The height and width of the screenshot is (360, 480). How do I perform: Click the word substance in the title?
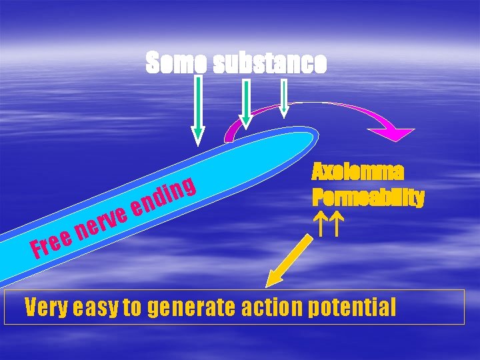[270, 63]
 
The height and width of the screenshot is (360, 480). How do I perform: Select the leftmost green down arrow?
[198, 110]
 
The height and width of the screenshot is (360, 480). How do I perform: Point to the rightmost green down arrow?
[284, 97]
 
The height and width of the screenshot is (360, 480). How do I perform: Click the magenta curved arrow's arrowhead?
[395, 133]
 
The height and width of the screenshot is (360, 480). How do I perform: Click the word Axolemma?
[357, 173]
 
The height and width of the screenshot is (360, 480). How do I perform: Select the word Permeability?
[367, 198]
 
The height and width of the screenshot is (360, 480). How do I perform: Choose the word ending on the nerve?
[163, 196]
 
